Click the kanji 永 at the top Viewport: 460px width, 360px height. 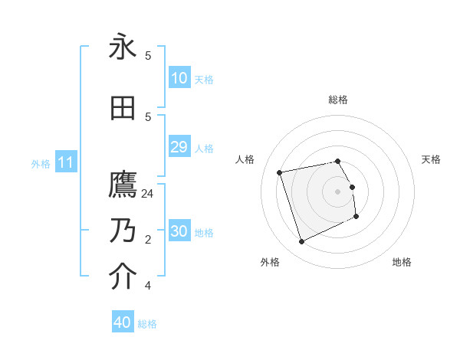point(123,47)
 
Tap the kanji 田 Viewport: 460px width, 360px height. point(123,110)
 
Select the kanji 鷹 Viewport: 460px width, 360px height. point(123,186)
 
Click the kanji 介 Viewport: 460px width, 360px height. point(123,277)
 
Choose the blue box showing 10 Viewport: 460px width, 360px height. point(179,78)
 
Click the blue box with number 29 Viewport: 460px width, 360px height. point(179,147)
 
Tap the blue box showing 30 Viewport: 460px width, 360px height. point(179,231)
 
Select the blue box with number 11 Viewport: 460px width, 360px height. point(65,162)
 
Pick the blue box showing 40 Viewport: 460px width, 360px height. point(123,322)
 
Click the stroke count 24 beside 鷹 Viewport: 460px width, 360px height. point(148,194)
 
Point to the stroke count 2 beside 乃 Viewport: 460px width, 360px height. point(148,240)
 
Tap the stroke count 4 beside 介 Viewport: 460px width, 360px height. point(148,286)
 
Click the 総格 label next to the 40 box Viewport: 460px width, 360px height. point(147,324)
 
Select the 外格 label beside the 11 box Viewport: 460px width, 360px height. point(40,163)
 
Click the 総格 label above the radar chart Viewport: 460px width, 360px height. point(338,100)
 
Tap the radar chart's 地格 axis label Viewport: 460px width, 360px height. point(402,262)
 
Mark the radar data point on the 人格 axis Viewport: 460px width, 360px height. point(280,172)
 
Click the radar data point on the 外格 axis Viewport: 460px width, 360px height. point(301,242)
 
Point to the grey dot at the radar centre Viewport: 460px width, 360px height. point(338,191)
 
